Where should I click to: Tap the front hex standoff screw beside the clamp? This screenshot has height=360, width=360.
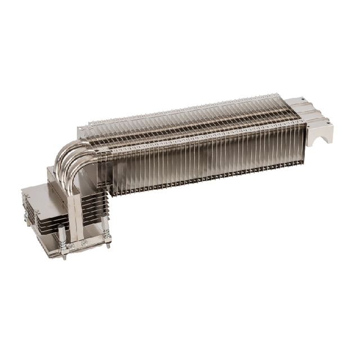(69, 246)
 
